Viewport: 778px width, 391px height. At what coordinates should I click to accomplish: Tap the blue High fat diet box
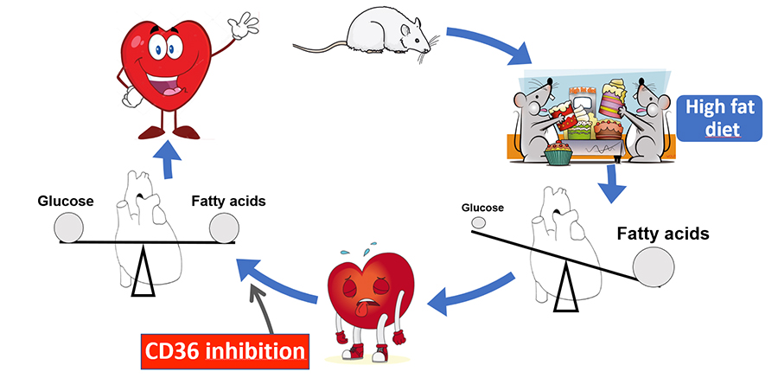[x=720, y=119]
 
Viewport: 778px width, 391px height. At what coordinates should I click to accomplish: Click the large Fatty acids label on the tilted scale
[x=662, y=234]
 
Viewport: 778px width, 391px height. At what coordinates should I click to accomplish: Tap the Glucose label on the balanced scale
[x=66, y=202]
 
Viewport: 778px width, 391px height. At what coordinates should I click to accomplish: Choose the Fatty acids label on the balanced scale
[x=227, y=202]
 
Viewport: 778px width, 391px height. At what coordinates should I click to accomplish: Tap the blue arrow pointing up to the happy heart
[x=165, y=157]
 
